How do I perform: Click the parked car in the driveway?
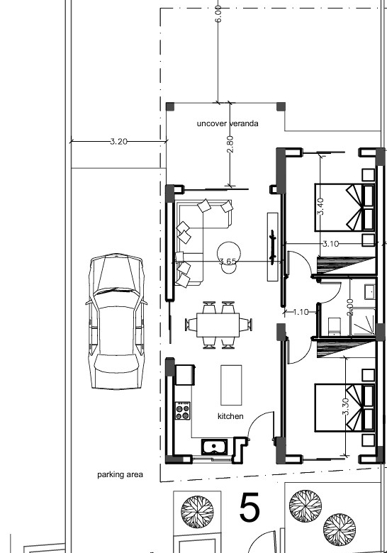point(116,321)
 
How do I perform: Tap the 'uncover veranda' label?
point(228,123)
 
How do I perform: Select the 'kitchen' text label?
point(230,416)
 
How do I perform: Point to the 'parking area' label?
point(120,475)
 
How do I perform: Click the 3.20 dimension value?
point(118,141)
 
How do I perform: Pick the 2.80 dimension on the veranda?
point(230,144)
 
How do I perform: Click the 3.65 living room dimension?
point(228,262)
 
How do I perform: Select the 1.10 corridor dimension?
point(301,312)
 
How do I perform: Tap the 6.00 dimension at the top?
point(218,14)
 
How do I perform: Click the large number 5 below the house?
point(249,508)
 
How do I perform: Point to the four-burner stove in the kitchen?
point(183,411)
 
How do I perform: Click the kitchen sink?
point(214,447)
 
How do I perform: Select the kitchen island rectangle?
point(231,385)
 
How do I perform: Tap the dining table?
point(218,325)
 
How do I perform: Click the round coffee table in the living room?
point(229,252)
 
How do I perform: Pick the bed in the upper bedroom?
point(344,207)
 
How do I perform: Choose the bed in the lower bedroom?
point(344,408)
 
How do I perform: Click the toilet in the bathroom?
point(334,326)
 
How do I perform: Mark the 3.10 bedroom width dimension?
point(330,244)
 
